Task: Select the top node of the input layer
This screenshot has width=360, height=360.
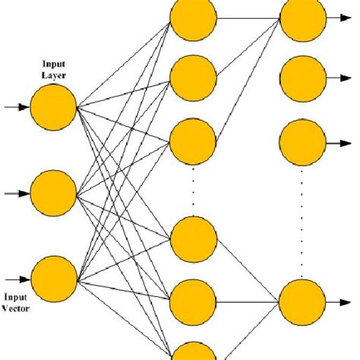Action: (x=54, y=109)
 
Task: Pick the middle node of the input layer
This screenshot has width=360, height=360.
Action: (x=54, y=194)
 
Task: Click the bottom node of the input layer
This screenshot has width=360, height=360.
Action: (x=54, y=279)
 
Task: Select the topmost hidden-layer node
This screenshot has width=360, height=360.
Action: (x=193, y=18)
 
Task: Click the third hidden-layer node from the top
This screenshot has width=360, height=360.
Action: (x=193, y=141)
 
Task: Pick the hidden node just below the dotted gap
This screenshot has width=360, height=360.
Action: (x=193, y=240)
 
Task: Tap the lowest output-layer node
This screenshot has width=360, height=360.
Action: (x=302, y=302)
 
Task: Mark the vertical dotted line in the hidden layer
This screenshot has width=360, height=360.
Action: (x=193, y=190)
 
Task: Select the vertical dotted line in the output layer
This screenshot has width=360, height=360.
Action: (x=302, y=220)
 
